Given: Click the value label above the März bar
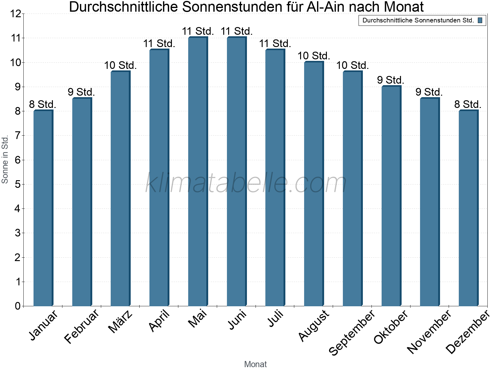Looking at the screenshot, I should click(120, 65).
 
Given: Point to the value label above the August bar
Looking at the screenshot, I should click(314, 56).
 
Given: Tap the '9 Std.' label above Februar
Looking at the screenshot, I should click(81, 92).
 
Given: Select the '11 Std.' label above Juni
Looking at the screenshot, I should click(236, 31).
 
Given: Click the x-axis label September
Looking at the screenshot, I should click(352, 332).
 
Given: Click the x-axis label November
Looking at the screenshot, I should click(429, 331).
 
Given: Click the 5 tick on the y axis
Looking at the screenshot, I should click(17, 184).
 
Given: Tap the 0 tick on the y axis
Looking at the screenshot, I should click(17, 306).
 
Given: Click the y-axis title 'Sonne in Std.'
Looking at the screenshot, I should click(5, 160).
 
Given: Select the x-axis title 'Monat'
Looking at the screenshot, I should click(255, 364).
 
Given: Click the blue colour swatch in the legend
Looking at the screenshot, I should click(480, 21).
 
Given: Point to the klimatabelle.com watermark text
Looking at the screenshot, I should click(246, 183).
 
